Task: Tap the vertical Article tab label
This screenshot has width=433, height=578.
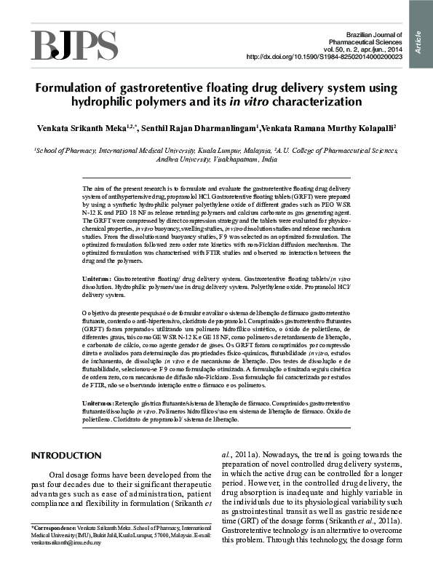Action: tap(420, 36)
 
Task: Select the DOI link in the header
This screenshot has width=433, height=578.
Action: tap(325, 57)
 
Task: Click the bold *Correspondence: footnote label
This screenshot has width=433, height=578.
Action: tap(55, 526)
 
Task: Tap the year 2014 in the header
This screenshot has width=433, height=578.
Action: tap(392, 49)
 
